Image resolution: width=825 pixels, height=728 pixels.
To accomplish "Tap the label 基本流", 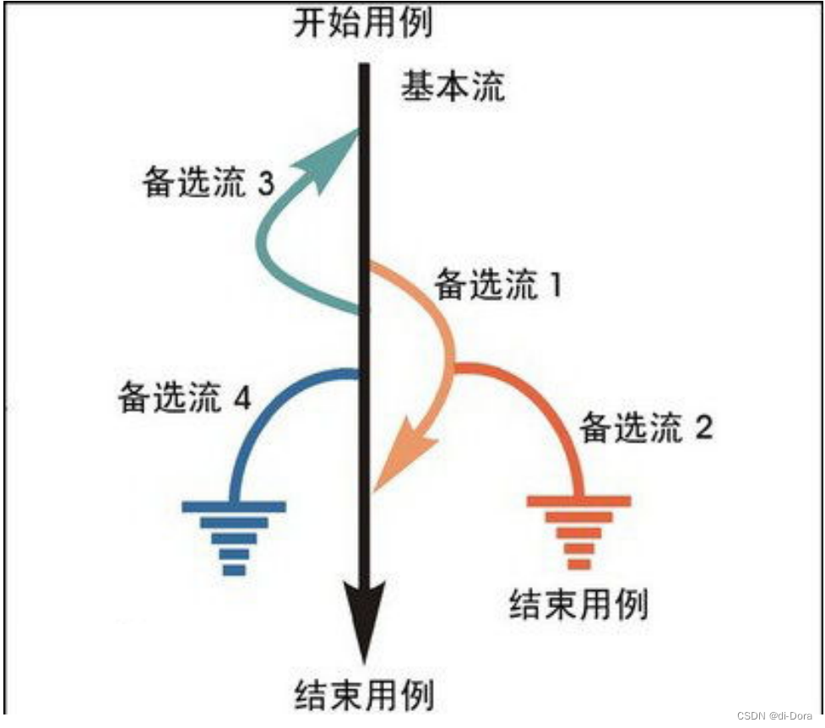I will click(x=453, y=85).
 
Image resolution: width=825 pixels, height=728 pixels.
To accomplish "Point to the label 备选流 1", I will click(x=499, y=285).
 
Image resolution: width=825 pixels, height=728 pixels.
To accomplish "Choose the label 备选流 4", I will click(x=185, y=398).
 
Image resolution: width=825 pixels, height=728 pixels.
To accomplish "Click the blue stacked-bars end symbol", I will click(x=234, y=537).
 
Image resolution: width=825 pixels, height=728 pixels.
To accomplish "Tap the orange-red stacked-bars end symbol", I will click(x=579, y=532).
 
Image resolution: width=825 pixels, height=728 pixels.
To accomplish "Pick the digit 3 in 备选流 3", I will click(x=265, y=185).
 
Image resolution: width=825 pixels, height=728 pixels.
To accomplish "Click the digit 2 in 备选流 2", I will click(x=703, y=428).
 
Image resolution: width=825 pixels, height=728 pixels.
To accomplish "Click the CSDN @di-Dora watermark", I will click(x=774, y=715).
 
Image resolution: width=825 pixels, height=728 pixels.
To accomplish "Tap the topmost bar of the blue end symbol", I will click(x=234, y=507).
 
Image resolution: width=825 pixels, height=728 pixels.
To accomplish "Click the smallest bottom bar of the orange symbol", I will click(x=579, y=563).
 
